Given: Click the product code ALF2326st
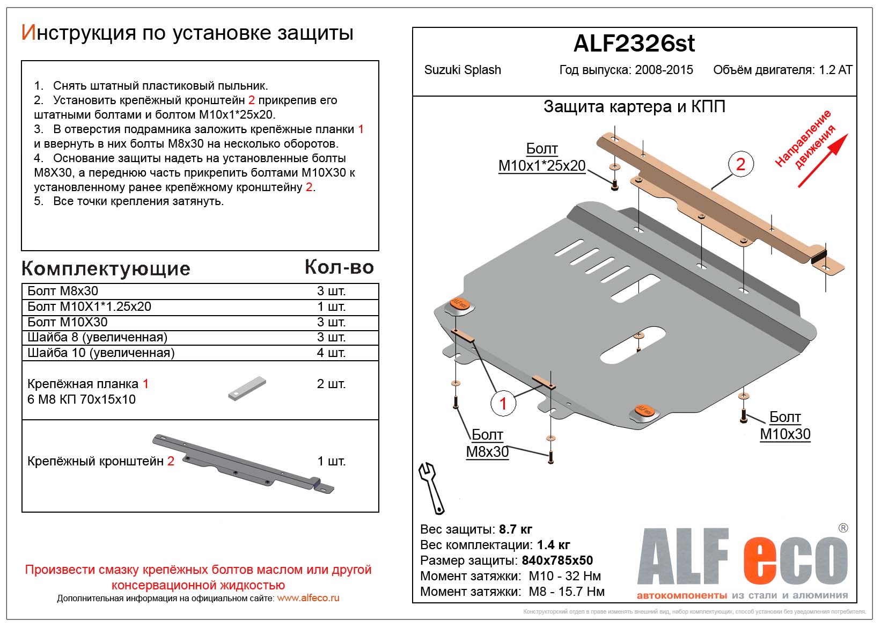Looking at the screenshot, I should pos(634,44).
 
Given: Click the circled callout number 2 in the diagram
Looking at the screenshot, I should pos(740,164).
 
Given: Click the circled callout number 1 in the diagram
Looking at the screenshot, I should pos(503,403).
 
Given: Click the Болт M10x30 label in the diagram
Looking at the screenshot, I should pos(785,426).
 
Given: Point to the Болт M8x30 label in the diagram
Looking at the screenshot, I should pos(487,443).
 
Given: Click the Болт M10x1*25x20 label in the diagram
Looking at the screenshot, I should pos(542,157).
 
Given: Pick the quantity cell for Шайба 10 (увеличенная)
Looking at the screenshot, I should pos(331,353).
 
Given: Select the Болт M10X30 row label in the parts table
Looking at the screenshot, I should pos(68,322).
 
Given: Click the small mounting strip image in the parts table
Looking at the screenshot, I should pos(247,388).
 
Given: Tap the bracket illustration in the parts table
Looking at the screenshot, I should pos(243,462).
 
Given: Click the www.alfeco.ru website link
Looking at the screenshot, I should pos(308,598).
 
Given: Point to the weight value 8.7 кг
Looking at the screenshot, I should pos(515,529).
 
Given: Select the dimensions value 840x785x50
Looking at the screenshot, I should pos(557,560).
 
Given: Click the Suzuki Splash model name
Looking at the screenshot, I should pos(462,70).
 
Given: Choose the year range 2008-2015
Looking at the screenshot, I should pos(664,70).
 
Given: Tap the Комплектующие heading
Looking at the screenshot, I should pos(106,268).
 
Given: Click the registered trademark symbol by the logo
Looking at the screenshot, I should pos(843,528).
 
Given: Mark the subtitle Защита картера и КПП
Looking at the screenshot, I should pos(634,107).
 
